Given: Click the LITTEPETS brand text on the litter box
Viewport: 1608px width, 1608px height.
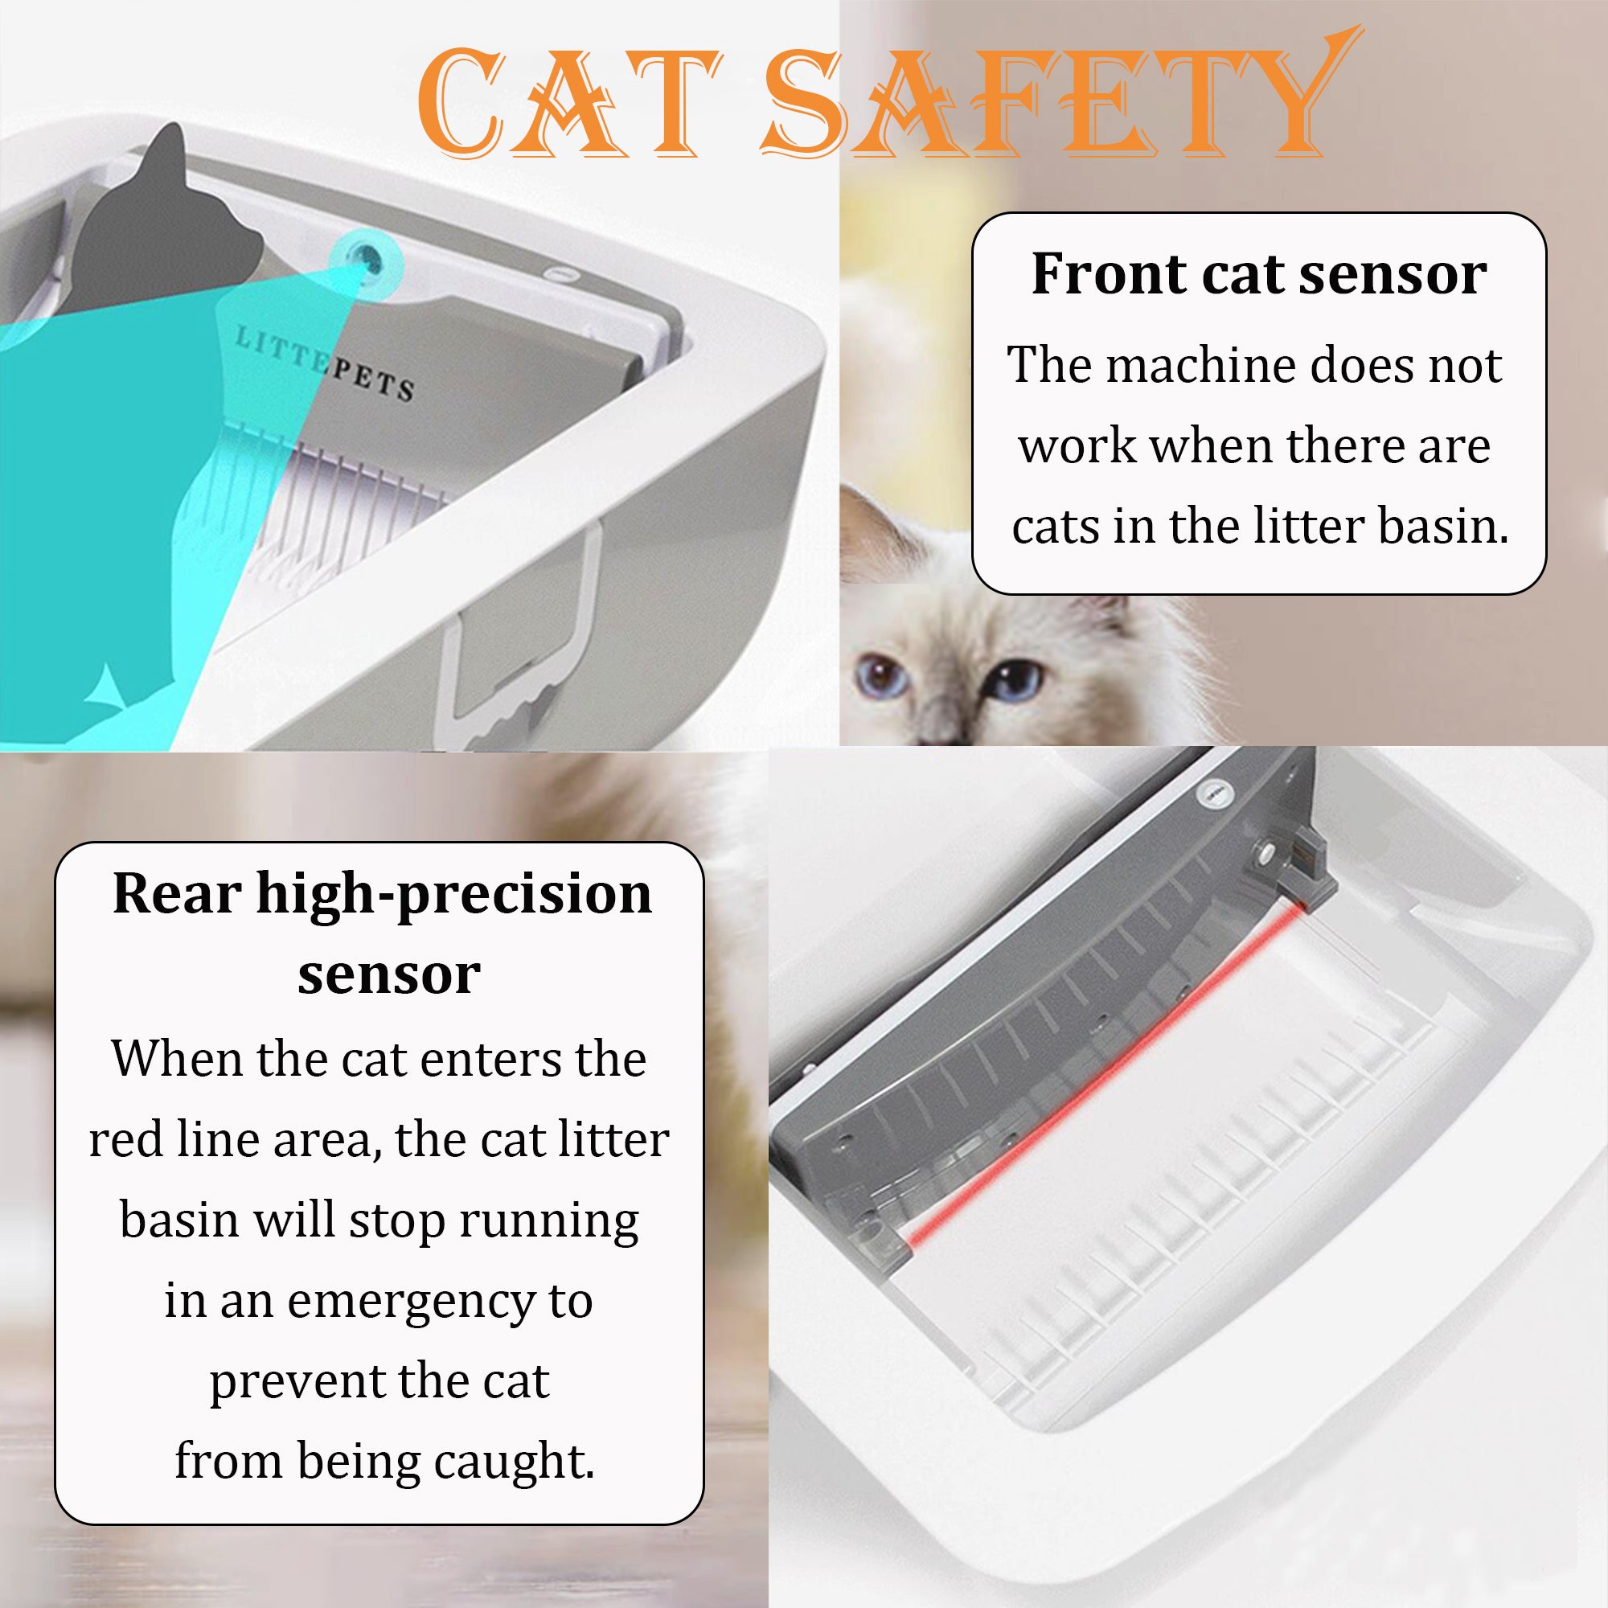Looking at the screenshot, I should [x=325, y=363].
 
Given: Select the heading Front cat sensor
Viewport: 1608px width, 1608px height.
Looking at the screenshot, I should [x=1258, y=275].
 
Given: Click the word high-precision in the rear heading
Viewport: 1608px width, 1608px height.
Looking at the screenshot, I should [x=453, y=895].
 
